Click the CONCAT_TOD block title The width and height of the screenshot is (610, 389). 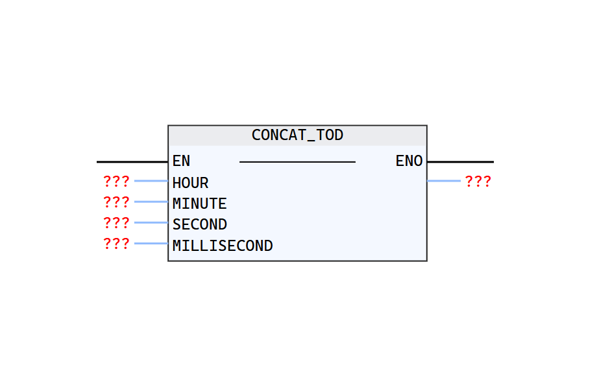point(297,136)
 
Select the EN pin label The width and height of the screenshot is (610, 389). point(181,161)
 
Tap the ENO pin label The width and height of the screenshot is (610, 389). point(409,161)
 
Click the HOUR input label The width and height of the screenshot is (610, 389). point(190,183)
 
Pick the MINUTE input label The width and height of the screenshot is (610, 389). point(199,204)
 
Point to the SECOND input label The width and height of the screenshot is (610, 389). point(199,224)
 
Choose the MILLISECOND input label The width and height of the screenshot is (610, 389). point(223,246)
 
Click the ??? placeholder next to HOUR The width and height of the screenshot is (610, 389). point(116,182)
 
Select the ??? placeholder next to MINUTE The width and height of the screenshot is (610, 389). point(116,202)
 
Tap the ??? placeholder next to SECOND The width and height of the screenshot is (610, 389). point(116,223)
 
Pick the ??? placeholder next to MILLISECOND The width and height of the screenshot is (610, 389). point(116,244)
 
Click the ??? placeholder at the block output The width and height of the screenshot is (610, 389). point(478,182)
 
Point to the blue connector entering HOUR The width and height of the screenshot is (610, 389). point(151,181)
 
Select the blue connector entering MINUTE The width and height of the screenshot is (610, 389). point(151,202)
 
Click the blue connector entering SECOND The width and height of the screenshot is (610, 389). point(151,222)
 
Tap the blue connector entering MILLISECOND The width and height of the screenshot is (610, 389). point(151,243)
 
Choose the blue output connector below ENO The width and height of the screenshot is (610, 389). point(444,181)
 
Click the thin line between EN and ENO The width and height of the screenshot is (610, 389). point(297,161)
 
